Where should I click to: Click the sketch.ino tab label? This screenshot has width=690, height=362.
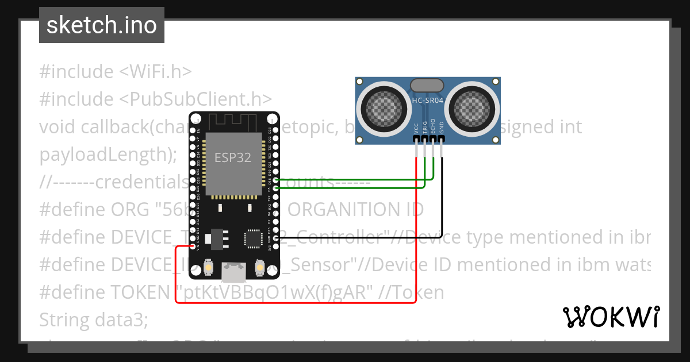click(x=102, y=25)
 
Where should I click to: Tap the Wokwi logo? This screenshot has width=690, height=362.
click(x=611, y=317)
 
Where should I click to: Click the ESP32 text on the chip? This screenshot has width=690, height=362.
click(x=233, y=157)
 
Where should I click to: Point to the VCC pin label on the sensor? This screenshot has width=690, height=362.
click(x=416, y=128)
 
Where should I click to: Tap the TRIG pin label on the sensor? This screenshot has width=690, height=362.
click(x=424, y=128)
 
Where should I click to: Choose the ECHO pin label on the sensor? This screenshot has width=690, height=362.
click(x=433, y=128)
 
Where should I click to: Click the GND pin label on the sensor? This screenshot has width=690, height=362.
click(x=442, y=128)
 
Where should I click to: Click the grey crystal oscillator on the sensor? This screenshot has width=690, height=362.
click(x=427, y=86)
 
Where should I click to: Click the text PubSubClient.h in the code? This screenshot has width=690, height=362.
click(x=195, y=99)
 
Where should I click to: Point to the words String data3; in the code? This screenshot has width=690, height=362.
click(x=94, y=319)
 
